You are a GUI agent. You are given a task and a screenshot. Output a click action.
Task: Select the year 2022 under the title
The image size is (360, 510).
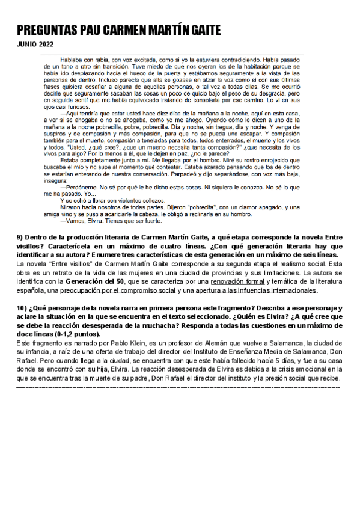tap(45, 45)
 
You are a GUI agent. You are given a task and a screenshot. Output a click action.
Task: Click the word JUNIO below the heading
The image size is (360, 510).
tap(26, 45)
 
